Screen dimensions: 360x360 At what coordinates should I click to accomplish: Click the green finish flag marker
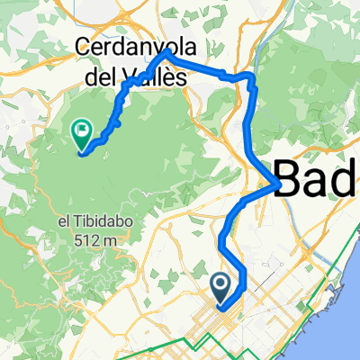click(x=82, y=136)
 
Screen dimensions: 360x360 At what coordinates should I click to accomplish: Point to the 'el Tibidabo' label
click(x=88, y=222)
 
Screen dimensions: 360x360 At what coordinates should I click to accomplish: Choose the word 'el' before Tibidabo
click(x=63, y=222)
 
